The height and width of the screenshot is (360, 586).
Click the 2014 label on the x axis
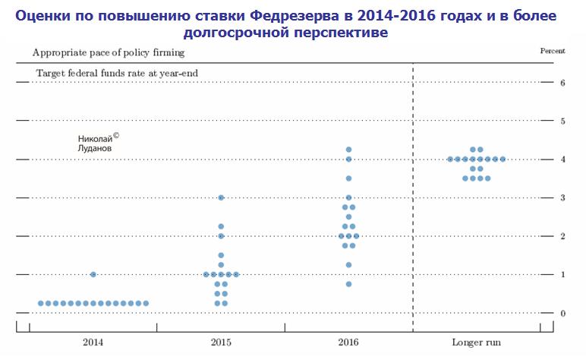(x=93, y=342)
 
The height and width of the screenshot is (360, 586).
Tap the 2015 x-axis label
(x=221, y=342)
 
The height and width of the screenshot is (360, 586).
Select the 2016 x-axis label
(x=348, y=342)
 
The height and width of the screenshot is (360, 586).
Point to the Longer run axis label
(x=476, y=342)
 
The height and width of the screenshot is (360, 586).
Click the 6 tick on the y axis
(x=562, y=83)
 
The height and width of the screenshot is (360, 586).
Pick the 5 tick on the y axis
(x=562, y=122)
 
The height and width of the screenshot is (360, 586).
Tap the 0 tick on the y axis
(x=562, y=313)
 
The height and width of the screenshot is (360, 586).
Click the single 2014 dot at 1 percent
(x=93, y=274)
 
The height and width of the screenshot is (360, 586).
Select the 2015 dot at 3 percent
(x=221, y=197)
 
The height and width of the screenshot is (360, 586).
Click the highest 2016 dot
(x=348, y=150)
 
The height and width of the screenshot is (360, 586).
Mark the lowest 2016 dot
(x=348, y=284)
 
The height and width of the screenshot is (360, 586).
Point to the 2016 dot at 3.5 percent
(x=348, y=178)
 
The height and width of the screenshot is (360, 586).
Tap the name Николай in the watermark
(x=94, y=139)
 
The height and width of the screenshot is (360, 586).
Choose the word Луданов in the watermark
(x=95, y=149)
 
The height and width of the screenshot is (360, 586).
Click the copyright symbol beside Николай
(x=116, y=135)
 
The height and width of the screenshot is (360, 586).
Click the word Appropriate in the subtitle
(x=58, y=53)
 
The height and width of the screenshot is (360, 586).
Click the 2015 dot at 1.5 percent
(x=221, y=255)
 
